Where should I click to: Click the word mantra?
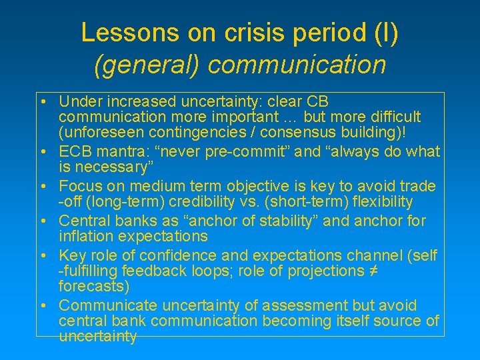pyautogui.click(x=123, y=151)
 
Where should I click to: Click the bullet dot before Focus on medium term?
pyautogui.click(x=42, y=186)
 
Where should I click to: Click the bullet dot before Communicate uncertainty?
pyautogui.click(x=42, y=306)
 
